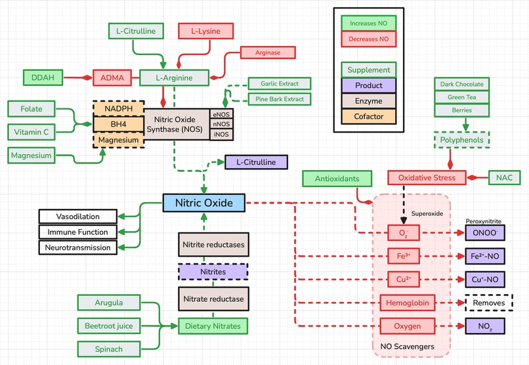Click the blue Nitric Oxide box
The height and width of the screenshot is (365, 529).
(x=203, y=203)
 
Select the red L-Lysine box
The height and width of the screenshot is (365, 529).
(x=205, y=31)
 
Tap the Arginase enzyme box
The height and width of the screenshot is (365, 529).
(x=268, y=52)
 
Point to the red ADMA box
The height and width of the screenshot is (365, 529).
(x=113, y=77)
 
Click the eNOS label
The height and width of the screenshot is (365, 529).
(x=220, y=114)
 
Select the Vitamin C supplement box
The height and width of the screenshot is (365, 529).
(x=32, y=132)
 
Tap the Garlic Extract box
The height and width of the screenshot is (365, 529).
(x=279, y=84)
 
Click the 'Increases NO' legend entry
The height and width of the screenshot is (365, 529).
(x=368, y=23)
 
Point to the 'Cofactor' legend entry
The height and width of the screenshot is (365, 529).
(x=368, y=117)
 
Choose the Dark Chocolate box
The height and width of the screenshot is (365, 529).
(x=462, y=84)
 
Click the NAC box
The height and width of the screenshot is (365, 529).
(x=504, y=178)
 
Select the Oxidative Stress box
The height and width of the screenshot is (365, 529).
(x=427, y=178)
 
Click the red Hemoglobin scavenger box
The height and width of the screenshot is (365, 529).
(x=408, y=303)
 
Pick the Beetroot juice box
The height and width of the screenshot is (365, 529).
(x=109, y=326)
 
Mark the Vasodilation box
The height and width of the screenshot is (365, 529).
(x=78, y=217)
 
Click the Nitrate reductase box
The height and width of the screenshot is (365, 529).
(x=213, y=299)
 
